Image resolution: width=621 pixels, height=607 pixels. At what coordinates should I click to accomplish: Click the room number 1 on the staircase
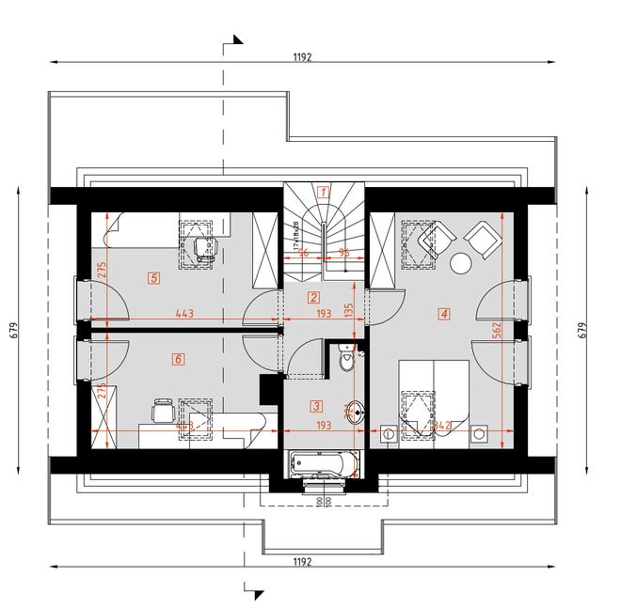click(324, 191)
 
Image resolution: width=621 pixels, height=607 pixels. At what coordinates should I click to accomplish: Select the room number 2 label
click(314, 298)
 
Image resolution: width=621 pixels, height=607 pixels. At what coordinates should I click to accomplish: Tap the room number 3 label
click(316, 407)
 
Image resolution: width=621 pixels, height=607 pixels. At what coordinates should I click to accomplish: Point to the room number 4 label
click(443, 314)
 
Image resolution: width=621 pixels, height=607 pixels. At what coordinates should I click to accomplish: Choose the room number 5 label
click(153, 277)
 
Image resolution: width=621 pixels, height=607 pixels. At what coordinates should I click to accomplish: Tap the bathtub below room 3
click(324, 462)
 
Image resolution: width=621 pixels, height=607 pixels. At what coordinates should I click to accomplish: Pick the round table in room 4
click(462, 264)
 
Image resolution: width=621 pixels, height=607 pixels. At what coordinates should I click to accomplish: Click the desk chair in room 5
click(205, 247)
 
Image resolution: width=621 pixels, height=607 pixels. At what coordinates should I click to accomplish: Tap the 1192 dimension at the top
click(301, 56)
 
